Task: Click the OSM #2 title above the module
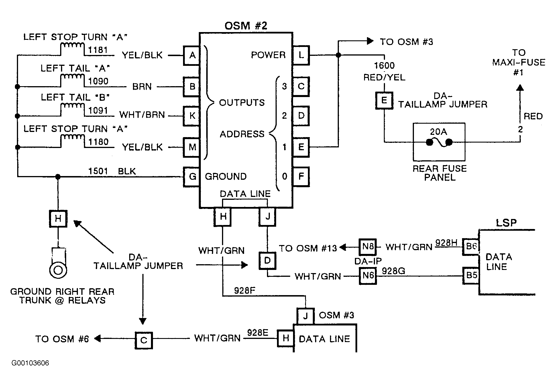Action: point(246,26)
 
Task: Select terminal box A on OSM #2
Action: point(192,55)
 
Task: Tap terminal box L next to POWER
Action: point(301,55)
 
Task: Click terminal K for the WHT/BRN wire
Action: point(192,116)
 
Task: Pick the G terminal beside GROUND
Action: point(192,177)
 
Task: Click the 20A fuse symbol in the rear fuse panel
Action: point(439,142)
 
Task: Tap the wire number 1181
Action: point(98,50)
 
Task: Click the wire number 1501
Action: point(98,171)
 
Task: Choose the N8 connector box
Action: point(368,247)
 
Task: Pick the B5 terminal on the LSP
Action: point(471,275)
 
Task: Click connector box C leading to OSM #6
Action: point(144,340)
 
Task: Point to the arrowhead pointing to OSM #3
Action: point(370,41)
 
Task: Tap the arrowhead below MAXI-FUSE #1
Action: point(520,88)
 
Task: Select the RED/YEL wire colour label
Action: point(384,78)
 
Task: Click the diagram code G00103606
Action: point(30,363)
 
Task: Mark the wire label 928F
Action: point(245,291)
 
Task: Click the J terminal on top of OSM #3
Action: point(306,316)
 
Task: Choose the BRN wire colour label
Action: point(142,87)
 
